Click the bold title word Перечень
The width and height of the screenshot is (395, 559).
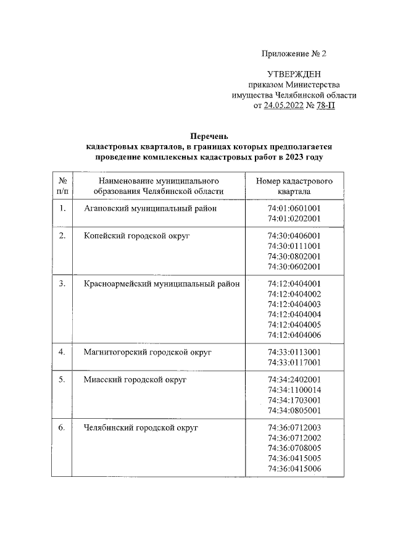(209, 137)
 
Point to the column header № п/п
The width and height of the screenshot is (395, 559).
(62, 186)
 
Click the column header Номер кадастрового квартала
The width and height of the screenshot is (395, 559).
(294, 186)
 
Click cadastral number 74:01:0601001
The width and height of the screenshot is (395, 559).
(294, 208)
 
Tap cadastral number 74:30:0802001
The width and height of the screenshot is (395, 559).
(294, 256)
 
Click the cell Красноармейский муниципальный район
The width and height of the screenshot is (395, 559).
(162, 284)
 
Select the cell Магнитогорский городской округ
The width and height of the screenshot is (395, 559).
(148, 352)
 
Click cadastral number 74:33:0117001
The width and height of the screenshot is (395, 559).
(294, 362)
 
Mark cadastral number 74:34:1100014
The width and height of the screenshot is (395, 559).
(294, 390)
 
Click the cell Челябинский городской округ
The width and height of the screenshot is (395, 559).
(140, 427)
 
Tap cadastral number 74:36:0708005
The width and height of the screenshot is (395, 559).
(294, 447)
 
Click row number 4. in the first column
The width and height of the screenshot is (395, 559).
(62, 352)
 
